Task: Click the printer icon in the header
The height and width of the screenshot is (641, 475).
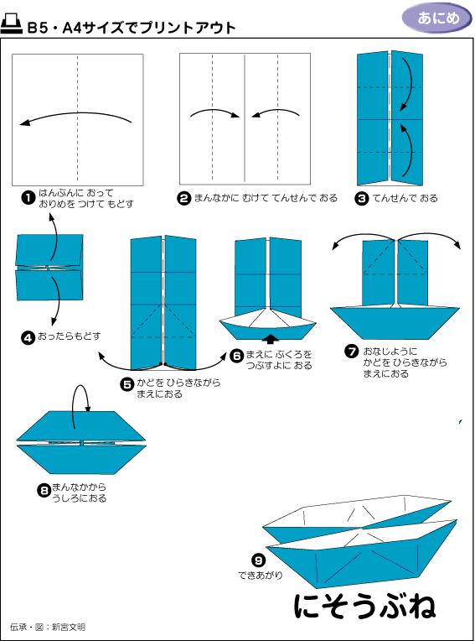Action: (13, 26)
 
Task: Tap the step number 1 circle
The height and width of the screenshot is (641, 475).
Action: (28, 198)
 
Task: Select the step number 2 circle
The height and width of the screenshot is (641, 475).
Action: (183, 198)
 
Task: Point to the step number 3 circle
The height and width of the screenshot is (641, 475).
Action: (362, 198)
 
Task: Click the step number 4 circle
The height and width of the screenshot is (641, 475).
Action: (28, 336)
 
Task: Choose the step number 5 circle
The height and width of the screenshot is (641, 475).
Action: (127, 384)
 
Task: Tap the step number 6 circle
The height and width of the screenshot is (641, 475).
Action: (237, 355)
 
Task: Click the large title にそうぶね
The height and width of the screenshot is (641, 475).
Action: (364, 607)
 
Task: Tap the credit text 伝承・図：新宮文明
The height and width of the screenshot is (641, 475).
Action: (48, 627)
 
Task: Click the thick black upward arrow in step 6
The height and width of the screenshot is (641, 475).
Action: (270, 338)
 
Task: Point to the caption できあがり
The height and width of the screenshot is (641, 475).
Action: (261, 576)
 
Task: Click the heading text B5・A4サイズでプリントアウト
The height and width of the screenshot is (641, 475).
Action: (131, 28)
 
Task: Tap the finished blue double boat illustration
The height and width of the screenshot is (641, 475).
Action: (360, 537)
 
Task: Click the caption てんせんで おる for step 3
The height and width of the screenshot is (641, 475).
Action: (405, 198)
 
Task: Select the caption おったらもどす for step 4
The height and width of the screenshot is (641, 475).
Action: (70, 336)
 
